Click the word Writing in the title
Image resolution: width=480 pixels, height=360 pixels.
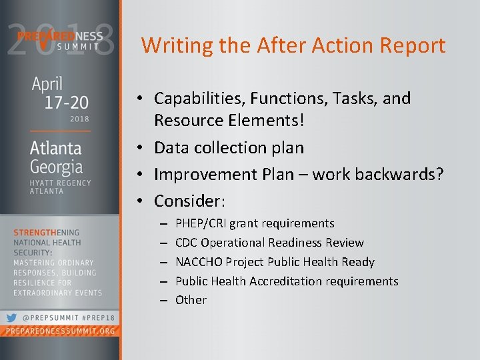click(x=169, y=46)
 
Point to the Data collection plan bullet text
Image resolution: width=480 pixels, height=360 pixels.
click(x=229, y=147)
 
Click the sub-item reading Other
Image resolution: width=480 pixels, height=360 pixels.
click(x=191, y=300)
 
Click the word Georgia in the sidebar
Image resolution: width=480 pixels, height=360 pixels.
click(x=57, y=166)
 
